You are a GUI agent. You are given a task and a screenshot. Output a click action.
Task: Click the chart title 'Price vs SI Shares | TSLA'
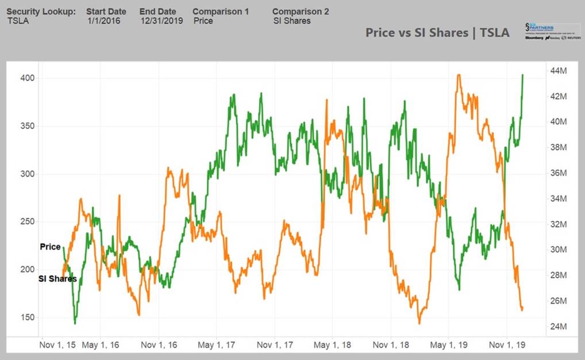tap(437, 33)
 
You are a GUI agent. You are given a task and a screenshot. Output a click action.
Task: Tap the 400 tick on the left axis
tap(29, 78)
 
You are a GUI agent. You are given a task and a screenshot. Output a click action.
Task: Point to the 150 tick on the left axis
tap(29, 317)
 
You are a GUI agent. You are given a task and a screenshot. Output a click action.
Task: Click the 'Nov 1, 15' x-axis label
tap(56, 345)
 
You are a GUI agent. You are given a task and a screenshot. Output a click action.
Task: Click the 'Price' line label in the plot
tap(50, 247)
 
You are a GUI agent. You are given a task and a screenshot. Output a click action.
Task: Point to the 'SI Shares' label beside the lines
tap(57, 279)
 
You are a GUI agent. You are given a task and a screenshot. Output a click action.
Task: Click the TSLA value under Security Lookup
tap(19, 21)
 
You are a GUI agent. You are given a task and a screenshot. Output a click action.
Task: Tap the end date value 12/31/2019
tap(162, 21)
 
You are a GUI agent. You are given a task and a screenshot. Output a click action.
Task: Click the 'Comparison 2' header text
tap(301, 12)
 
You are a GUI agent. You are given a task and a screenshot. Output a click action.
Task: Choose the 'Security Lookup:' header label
tap(41, 12)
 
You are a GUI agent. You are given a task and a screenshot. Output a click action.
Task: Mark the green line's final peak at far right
tap(522, 75)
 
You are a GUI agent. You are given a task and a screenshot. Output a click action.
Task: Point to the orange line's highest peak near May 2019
tap(458, 75)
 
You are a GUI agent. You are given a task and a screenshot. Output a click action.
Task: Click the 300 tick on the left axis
tap(29, 174)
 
